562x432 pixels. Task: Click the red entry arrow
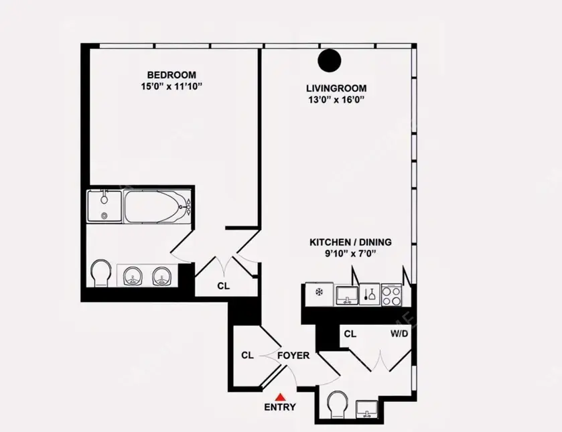(280, 397)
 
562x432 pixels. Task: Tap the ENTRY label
(280, 407)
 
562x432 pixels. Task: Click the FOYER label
(293, 356)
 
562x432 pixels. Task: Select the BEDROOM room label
(171, 75)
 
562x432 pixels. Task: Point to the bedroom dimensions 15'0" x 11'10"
(171, 86)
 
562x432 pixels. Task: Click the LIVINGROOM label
(336, 88)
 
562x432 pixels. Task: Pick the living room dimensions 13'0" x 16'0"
(336, 100)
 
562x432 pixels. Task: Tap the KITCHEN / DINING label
(350, 242)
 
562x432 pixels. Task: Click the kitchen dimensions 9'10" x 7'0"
(350, 254)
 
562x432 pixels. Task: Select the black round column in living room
(330, 60)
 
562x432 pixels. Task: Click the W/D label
(399, 334)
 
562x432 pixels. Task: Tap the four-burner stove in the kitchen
(391, 295)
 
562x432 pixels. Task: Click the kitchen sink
(346, 295)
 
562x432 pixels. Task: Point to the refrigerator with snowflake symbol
(319, 294)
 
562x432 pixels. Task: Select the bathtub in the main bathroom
(157, 207)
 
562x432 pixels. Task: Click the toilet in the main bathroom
(100, 273)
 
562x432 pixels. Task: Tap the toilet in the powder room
(337, 405)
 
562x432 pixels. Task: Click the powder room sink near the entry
(366, 409)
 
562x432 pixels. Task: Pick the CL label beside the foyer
(247, 355)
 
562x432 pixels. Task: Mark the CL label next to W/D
(350, 334)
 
